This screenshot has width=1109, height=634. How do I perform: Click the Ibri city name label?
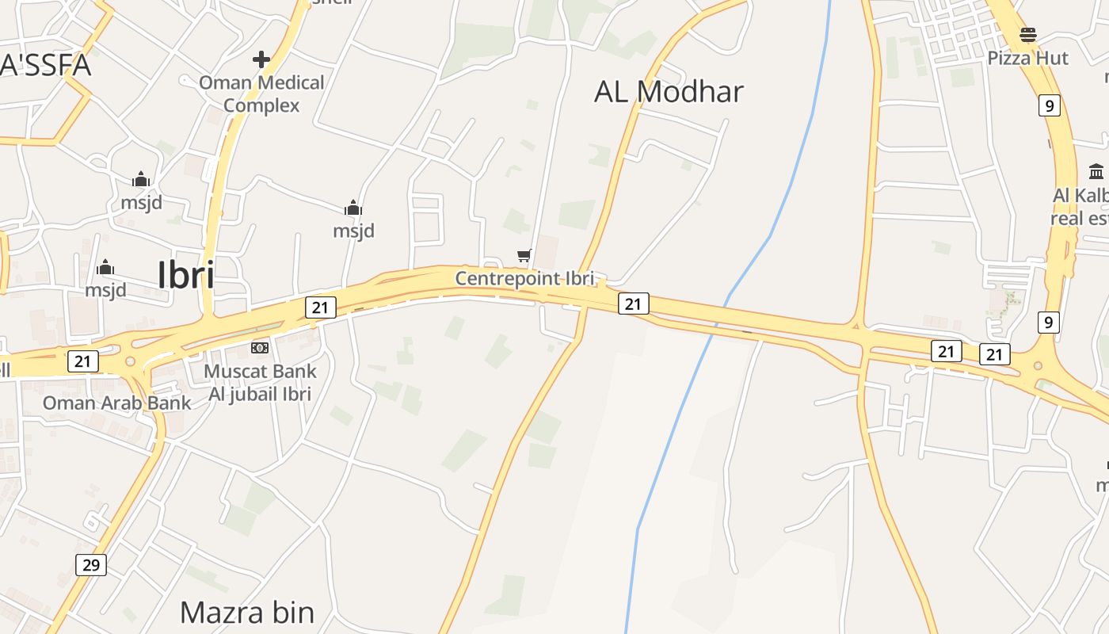tap(186, 275)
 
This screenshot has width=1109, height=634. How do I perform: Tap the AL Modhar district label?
tap(669, 92)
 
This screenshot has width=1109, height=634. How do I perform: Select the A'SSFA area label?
tap(45, 65)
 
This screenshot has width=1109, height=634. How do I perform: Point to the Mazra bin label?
tap(247, 613)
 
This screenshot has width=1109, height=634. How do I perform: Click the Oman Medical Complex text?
tap(261, 94)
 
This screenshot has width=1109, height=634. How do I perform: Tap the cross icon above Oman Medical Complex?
tap(261, 59)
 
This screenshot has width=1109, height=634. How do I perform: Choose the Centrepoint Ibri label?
tap(524, 278)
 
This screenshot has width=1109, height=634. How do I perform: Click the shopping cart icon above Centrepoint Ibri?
tap(524, 255)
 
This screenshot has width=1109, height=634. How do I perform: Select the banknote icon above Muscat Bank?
tap(260, 348)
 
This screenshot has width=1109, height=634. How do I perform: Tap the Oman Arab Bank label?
tap(116, 403)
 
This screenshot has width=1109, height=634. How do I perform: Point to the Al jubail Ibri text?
tap(260, 394)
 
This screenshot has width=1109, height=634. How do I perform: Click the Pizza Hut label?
tap(1027, 58)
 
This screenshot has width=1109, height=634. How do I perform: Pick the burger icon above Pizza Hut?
tap(1028, 35)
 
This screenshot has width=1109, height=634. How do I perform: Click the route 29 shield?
tap(91, 565)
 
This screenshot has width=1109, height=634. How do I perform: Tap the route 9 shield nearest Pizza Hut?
tap(1049, 105)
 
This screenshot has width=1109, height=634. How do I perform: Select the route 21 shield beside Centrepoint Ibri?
tap(633, 303)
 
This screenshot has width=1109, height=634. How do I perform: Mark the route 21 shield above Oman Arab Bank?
tap(82, 361)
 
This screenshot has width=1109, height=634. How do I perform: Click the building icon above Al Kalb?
tap(1096, 171)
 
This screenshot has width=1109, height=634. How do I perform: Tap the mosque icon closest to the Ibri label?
tap(105, 268)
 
